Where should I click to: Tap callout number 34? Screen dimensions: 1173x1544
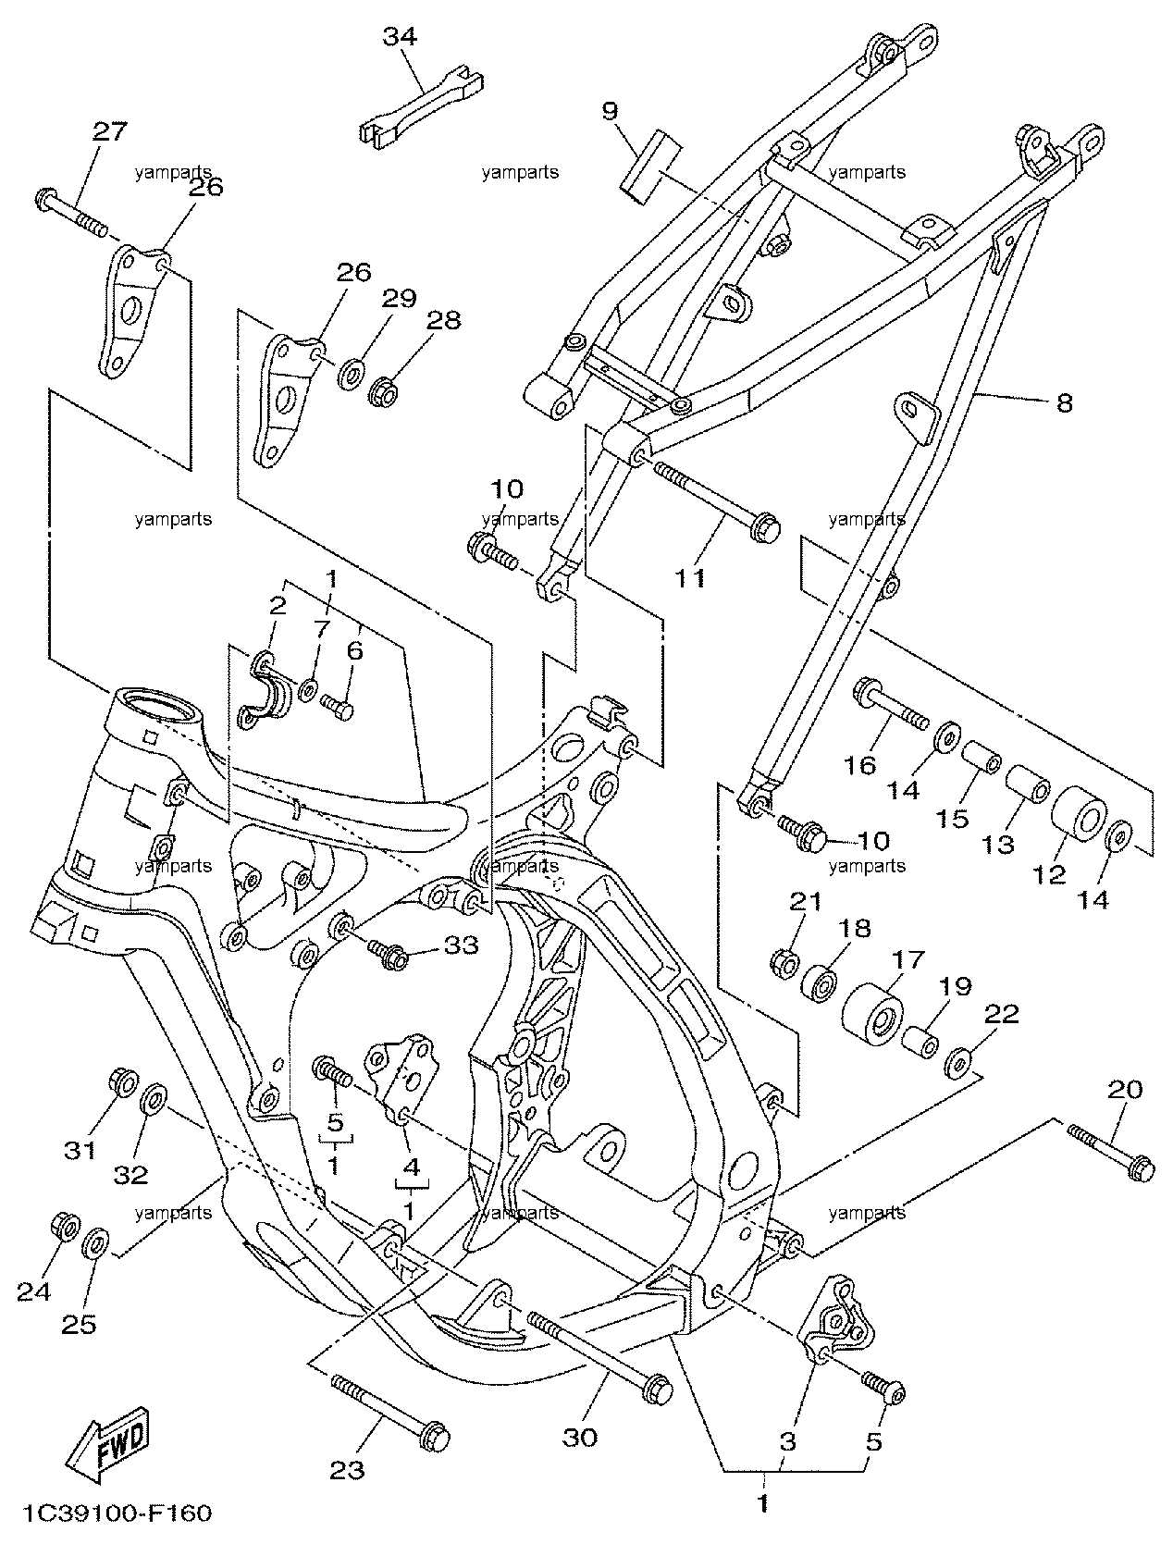[x=400, y=36]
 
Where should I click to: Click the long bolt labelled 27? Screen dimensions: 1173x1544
[x=70, y=211]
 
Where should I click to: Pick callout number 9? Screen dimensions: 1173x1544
[x=610, y=110]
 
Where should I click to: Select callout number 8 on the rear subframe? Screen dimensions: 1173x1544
[x=1064, y=403]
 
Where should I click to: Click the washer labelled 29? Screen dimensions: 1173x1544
[x=351, y=375]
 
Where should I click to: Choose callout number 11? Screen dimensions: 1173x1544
[x=690, y=578]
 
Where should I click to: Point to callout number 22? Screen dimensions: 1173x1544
[x=1002, y=1014]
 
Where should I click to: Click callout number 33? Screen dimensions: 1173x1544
[x=461, y=945]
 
